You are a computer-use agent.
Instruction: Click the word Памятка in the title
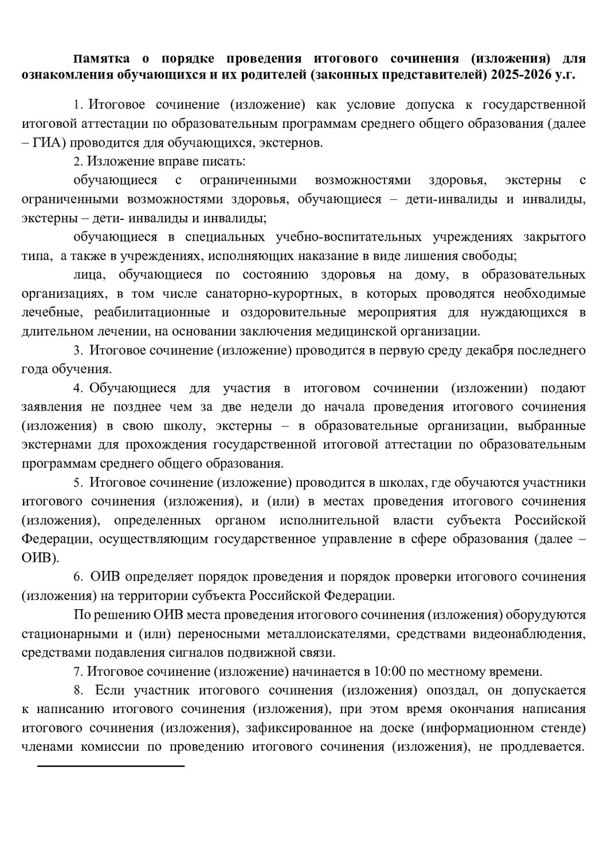(x=101, y=58)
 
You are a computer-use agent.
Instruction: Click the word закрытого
(x=554, y=237)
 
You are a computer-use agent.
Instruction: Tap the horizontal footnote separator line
(x=111, y=766)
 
